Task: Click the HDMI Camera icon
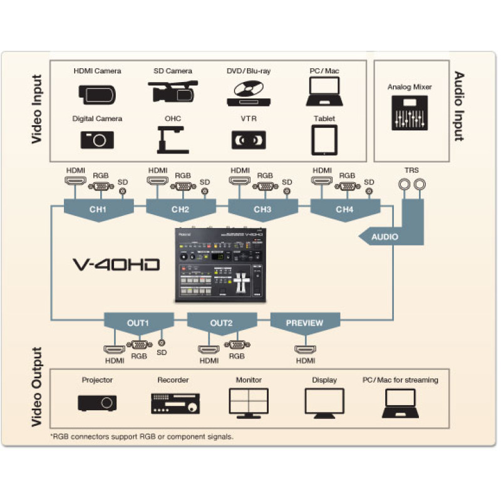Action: tap(96, 93)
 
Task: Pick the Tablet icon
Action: tap(324, 140)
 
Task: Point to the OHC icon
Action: tap(172, 140)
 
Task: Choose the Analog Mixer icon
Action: tap(410, 113)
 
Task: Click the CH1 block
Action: tap(98, 209)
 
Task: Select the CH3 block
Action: tap(262, 209)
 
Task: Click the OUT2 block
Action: tap(221, 323)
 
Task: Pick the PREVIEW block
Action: tap(304, 323)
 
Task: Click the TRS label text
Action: tap(411, 170)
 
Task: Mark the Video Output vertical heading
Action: tap(37, 389)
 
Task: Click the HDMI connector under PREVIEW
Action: tap(306, 349)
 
